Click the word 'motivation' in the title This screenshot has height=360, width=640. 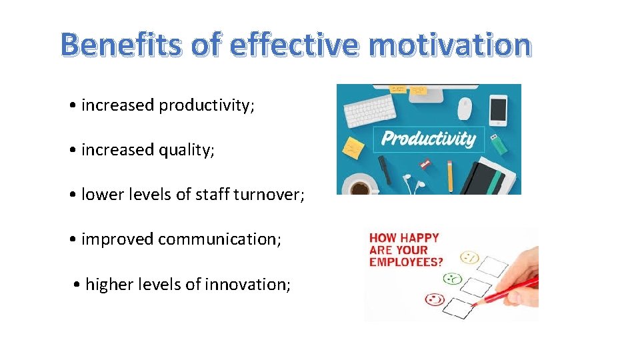click(449, 45)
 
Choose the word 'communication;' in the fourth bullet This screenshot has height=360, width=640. click(219, 239)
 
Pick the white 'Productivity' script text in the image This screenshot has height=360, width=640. click(428, 138)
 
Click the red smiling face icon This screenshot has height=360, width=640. click(435, 299)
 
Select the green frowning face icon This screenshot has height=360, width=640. click(453, 278)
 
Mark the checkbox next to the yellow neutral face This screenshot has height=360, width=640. click(494, 266)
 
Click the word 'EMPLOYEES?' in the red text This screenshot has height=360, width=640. click(406, 262)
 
